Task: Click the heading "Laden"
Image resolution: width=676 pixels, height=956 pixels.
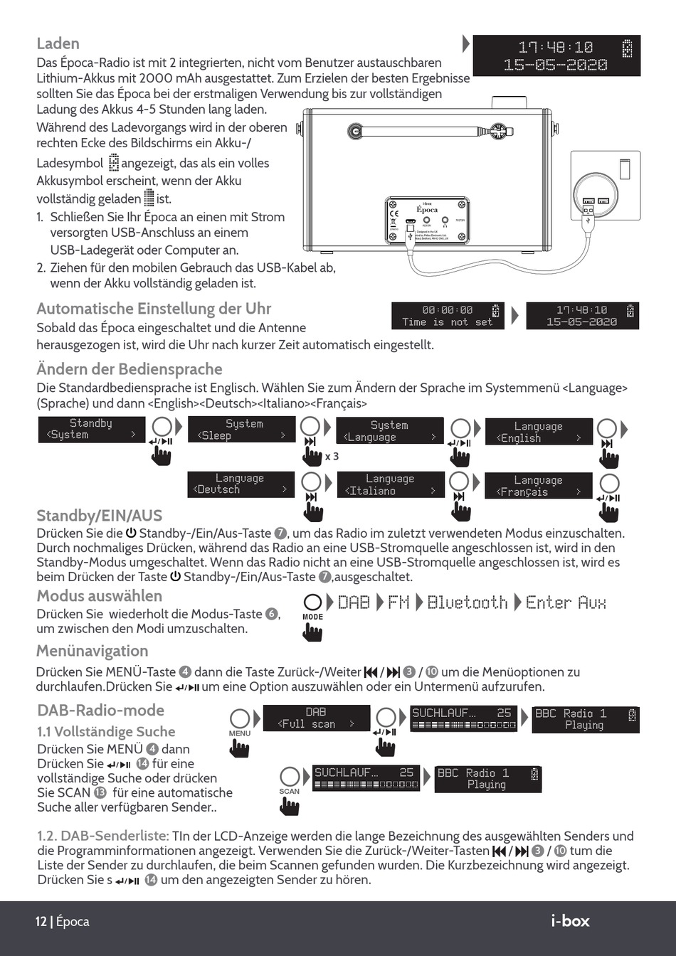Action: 58,43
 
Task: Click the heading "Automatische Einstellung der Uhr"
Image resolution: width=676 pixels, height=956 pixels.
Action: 154,309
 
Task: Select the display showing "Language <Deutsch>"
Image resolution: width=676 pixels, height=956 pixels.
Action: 241,484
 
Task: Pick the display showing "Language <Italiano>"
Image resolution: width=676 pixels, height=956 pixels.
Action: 390,485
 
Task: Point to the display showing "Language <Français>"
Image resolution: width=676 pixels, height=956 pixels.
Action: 538,486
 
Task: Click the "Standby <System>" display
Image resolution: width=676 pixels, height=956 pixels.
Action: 91,430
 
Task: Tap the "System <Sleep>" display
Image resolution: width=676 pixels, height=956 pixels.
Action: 241,430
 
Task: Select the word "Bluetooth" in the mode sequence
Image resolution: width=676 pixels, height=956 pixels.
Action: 467,603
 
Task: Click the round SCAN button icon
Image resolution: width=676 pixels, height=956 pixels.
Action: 289,776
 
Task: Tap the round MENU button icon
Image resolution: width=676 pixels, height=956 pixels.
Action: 240,718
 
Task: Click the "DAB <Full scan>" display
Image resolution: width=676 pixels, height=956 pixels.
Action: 316,718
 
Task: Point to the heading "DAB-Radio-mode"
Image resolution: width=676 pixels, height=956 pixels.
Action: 100,710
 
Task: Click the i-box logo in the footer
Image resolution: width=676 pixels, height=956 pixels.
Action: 570,920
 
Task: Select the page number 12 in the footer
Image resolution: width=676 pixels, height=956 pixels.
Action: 41,922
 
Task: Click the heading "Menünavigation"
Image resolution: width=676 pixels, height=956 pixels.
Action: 93,651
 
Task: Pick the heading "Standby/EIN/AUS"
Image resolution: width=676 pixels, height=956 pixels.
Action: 99,516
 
